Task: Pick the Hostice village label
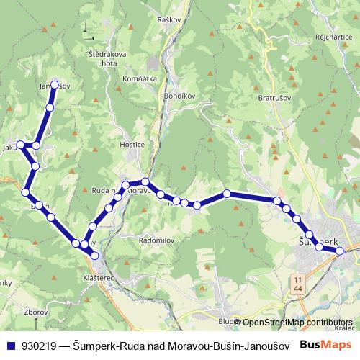pyautogui.click(x=132, y=145)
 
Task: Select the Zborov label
pyautogui.click(x=35, y=313)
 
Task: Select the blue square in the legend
pyautogui.click(x=10, y=346)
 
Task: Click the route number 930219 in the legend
pyautogui.click(x=40, y=346)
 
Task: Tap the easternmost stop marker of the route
pyautogui.click(x=340, y=251)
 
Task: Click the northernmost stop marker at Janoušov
pyautogui.click(x=54, y=84)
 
